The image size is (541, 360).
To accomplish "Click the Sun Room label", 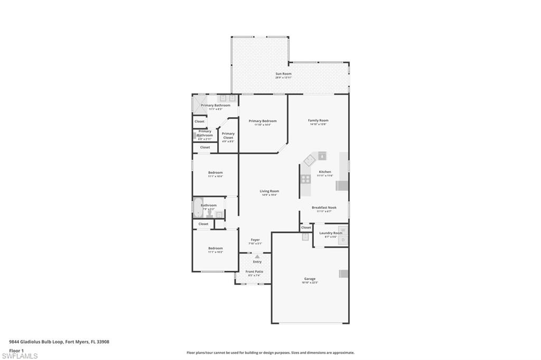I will (x=283, y=74).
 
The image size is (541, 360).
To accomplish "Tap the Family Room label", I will (x=318, y=120).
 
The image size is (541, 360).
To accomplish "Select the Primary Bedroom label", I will (x=263, y=121).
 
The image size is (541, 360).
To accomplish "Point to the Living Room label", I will (x=269, y=191).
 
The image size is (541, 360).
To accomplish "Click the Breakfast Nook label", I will (x=323, y=207).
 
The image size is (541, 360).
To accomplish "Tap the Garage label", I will (x=310, y=279).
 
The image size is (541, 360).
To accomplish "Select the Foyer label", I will (x=255, y=240).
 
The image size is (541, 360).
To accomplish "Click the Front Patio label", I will (x=254, y=272).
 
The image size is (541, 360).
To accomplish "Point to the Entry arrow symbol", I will (x=257, y=257).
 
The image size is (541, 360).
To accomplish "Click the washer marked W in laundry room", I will (x=342, y=230).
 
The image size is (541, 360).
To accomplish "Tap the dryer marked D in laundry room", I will (x=342, y=240).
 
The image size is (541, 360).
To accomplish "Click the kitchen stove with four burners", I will (x=306, y=178).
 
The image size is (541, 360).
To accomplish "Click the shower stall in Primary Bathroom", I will (x=197, y=103).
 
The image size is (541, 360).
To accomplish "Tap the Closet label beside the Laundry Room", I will (x=306, y=228).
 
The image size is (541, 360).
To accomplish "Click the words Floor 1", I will (x=17, y=350).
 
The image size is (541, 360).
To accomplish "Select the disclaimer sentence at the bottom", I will (x=270, y=353).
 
